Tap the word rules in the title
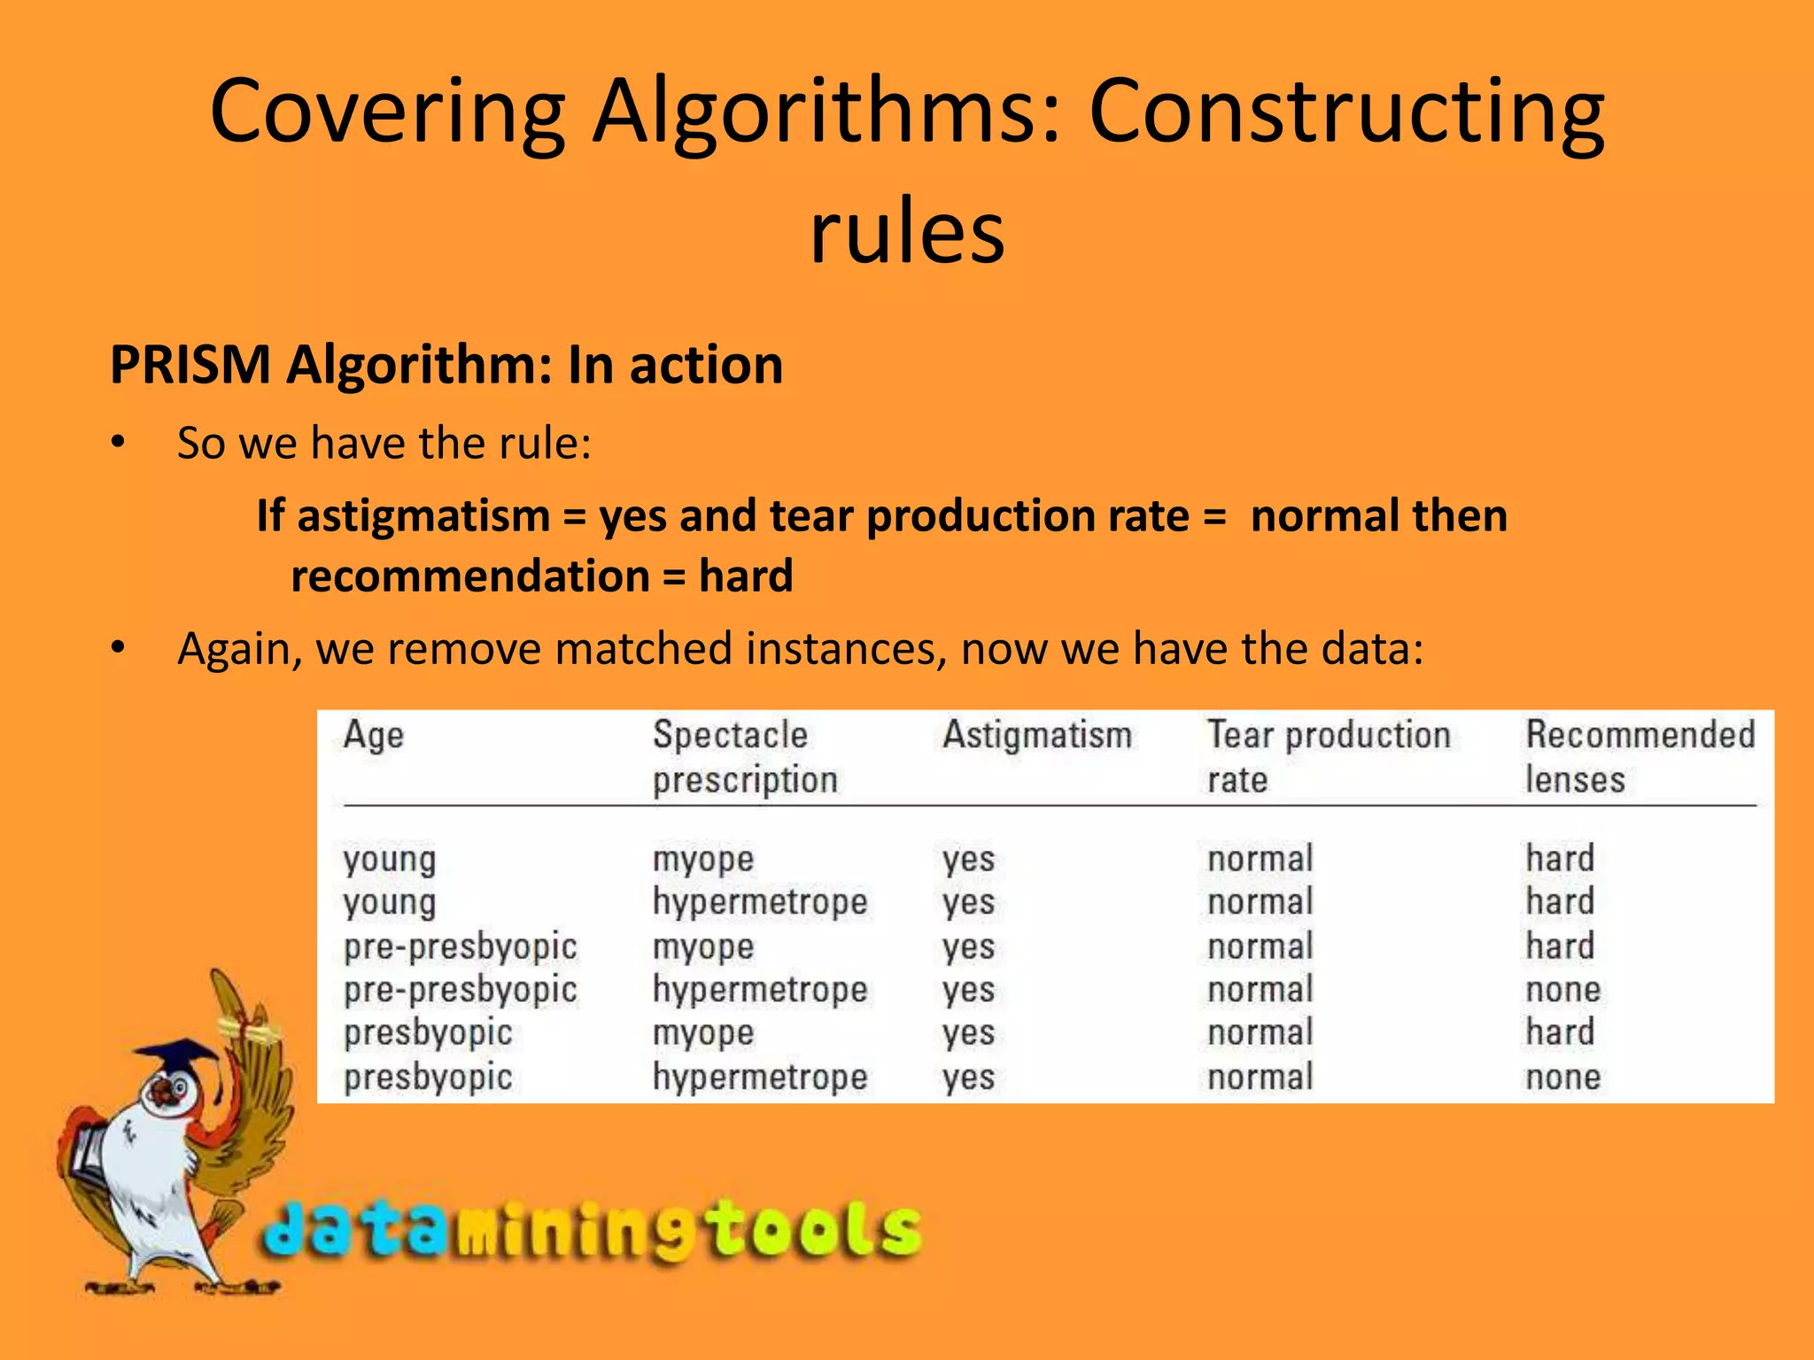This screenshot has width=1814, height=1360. tap(907, 232)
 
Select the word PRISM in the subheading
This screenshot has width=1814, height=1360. tap(190, 365)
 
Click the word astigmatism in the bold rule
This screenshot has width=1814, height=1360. tap(423, 515)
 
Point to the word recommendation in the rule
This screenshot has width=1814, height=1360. tap(470, 576)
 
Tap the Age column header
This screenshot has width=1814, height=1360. tap(373, 736)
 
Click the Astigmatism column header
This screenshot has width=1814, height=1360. tap(1036, 736)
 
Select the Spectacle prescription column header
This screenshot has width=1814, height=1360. tap(744, 757)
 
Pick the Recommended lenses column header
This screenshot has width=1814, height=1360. tap(1640, 757)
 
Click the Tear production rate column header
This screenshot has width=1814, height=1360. tap(1329, 757)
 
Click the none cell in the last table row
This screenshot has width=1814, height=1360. tap(1562, 1078)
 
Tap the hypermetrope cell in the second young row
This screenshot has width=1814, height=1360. tap(760, 902)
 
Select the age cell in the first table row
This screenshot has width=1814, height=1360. tap(390, 859)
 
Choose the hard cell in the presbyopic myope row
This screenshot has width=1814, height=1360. tap(1560, 1032)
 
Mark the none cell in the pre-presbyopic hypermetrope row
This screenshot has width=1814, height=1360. tap(1562, 990)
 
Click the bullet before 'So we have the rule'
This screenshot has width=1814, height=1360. tap(118, 443)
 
